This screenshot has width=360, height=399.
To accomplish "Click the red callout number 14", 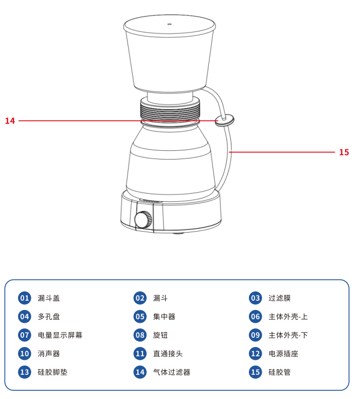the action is (10, 121).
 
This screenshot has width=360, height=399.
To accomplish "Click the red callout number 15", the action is (344, 152).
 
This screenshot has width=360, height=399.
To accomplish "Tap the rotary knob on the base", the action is (143, 219).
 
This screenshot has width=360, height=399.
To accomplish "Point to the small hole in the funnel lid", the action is (169, 24).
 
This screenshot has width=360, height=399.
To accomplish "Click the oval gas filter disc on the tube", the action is (225, 120).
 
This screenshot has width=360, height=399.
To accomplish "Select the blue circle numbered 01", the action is (24, 298).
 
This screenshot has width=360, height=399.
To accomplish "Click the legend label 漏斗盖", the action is (49, 298).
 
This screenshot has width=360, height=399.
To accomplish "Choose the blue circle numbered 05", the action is (140, 317).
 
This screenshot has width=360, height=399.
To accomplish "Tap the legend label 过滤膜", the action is (279, 298).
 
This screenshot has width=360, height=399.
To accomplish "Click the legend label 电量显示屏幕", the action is (60, 335).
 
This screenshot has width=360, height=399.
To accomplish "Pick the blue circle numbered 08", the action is (140, 335).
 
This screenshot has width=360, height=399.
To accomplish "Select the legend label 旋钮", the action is (160, 335).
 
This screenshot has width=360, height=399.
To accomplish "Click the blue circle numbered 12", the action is (255, 354).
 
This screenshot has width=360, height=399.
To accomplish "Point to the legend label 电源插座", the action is (283, 354).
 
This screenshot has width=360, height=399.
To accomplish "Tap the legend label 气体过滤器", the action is (172, 372).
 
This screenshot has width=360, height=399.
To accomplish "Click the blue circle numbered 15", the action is (255, 372).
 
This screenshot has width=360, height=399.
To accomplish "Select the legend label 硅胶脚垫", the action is (52, 372).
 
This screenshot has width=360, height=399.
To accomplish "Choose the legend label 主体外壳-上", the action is (288, 317).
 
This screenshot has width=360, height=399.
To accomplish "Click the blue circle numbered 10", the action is (24, 354).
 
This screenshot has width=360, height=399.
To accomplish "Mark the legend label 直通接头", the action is (168, 354).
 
